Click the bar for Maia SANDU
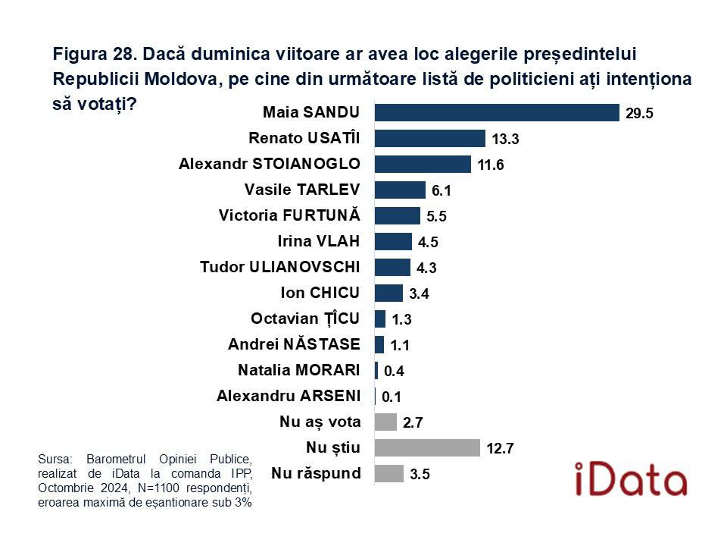[x=497, y=112]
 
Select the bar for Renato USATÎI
[x=430, y=138]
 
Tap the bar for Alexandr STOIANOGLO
[x=423, y=164]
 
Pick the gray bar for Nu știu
[x=427, y=447]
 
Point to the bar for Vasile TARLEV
[x=400, y=190]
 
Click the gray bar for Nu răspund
[x=389, y=474]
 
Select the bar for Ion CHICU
[x=388, y=293]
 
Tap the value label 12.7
[x=500, y=449]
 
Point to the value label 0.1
[x=392, y=397]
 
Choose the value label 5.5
[x=437, y=217]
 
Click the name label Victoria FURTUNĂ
[x=289, y=215]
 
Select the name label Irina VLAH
[x=320, y=241]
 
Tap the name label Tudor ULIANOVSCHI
[x=280, y=267]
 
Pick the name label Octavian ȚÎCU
[x=305, y=318]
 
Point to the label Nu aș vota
[x=320, y=422]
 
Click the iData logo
[x=630, y=479]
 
